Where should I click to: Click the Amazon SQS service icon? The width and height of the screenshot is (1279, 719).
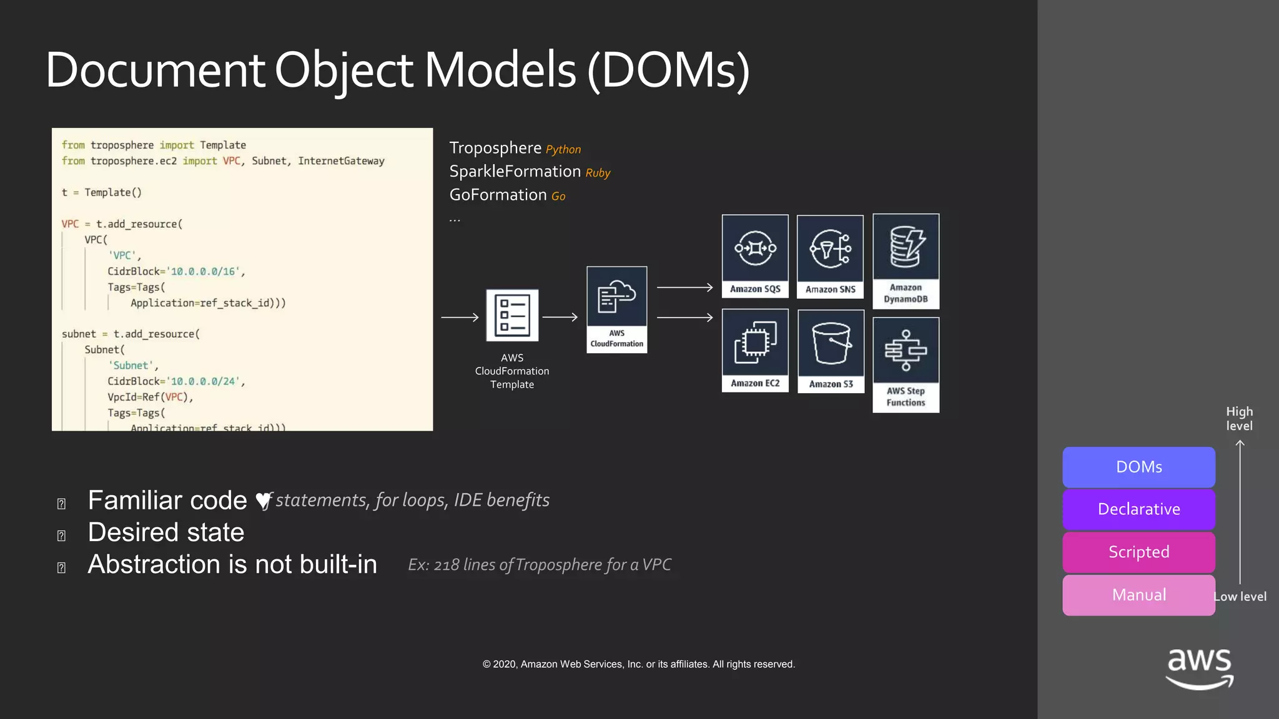(x=755, y=249)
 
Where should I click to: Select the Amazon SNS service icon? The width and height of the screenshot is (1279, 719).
(x=830, y=249)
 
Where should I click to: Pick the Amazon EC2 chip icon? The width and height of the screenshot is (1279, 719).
(x=755, y=343)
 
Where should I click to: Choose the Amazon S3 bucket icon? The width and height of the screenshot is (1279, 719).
(x=831, y=343)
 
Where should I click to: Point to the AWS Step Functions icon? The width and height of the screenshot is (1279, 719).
(x=906, y=351)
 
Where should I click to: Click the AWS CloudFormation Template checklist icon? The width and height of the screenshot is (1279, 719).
(x=512, y=315)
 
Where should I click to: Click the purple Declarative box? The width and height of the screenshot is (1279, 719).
(x=1138, y=509)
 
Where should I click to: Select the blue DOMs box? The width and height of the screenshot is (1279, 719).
(x=1138, y=467)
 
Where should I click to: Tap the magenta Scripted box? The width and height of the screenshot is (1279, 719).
(x=1138, y=552)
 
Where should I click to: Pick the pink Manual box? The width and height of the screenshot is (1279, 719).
(x=1138, y=595)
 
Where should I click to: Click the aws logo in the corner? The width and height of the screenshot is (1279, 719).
(x=1199, y=668)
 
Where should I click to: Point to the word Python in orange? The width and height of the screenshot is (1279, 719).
(x=563, y=150)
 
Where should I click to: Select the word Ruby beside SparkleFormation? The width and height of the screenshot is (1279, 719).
(x=598, y=173)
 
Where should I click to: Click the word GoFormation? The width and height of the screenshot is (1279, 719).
(x=498, y=195)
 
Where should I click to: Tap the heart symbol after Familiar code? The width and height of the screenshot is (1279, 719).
(x=264, y=501)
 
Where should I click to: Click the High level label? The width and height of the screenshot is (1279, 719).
(x=1239, y=419)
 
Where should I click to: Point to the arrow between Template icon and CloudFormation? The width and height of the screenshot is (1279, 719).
(x=560, y=318)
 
